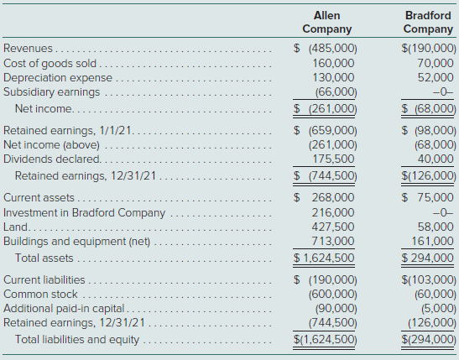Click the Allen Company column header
(x=327, y=23)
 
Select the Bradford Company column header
(x=428, y=23)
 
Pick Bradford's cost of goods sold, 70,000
(x=436, y=63)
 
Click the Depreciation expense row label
(x=58, y=78)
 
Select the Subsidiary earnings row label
(x=51, y=92)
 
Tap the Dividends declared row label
(x=52, y=159)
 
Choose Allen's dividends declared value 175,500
(x=333, y=159)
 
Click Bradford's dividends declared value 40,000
(x=436, y=159)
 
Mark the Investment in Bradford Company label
(x=84, y=213)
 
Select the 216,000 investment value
(x=333, y=212)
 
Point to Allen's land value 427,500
(x=333, y=227)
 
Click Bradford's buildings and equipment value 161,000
(x=433, y=241)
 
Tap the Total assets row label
(x=44, y=258)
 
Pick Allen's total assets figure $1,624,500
(x=324, y=258)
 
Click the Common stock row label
(x=40, y=295)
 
